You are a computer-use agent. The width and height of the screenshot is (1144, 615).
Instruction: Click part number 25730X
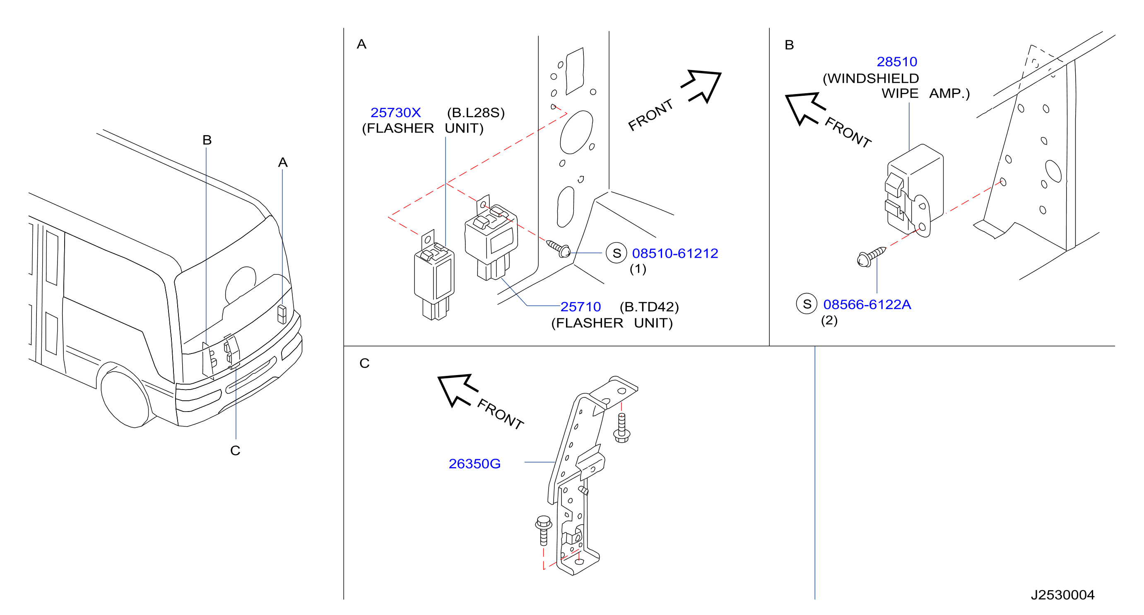(x=396, y=112)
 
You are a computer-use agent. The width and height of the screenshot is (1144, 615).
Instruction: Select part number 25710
(x=580, y=307)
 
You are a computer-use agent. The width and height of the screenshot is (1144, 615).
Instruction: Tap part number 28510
(x=897, y=61)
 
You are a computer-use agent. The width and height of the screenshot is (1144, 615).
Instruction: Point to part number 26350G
(x=474, y=463)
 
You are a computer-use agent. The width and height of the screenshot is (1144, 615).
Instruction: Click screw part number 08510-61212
(x=675, y=253)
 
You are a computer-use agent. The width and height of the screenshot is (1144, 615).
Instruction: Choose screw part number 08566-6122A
(x=867, y=304)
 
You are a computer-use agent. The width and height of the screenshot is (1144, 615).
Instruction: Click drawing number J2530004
(x=1062, y=595)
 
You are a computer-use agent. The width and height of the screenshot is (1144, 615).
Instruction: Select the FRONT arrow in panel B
(x=804, y=108)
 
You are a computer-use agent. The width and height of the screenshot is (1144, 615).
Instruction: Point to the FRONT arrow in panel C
(x=457, y=390)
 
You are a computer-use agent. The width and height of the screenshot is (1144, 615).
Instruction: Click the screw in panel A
(x=558, y=249)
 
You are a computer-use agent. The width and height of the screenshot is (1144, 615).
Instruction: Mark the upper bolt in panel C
(x=622, y=428)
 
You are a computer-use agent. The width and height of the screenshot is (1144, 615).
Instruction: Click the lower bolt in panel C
(x=544, y=530)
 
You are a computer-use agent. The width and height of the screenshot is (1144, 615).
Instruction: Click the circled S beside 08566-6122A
(x=807, y=304)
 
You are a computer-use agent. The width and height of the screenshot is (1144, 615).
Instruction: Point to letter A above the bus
(x=283, y=162)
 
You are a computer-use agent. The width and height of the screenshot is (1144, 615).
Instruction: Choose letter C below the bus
(x=235, y=450)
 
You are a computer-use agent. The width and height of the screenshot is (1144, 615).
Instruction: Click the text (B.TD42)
(x=649, y=307)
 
